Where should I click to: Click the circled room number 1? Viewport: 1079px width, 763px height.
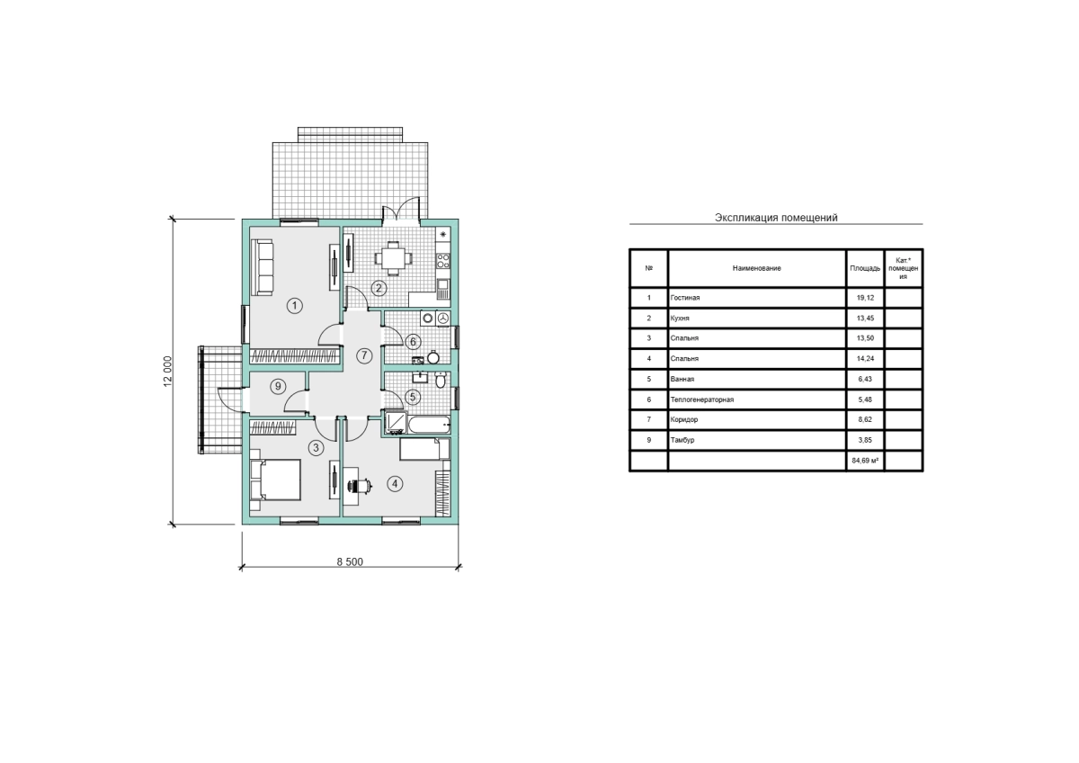pyautogui.click(x=294, y=306)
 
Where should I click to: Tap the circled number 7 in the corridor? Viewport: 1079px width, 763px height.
pyautogui.click(x=364, y=356)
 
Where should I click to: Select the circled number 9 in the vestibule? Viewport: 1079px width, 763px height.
pyautogui.click(x=278, y=387)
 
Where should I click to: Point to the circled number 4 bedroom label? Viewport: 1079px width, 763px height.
pyautogui.click(x=395, y=484)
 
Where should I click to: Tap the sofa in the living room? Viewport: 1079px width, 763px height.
pyautogui.click(x=263, y=267)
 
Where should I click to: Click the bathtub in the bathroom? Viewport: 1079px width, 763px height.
pyautogui.click(x=429, y=425)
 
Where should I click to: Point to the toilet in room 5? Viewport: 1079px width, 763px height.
pyautogui.click(x=441, y=381)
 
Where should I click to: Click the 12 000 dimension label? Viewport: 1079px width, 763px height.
pyautogui.click(x=167, y=371)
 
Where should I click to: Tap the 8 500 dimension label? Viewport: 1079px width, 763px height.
pyautogui.click(x=350, y=562)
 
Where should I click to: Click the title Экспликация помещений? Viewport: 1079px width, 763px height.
pyautogui.click(x=776, y=218)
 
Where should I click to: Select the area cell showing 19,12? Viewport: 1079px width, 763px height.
pyautogui.click(x=865, y=298)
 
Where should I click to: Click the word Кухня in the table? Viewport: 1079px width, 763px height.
pyautogui.click(x=680, y=319)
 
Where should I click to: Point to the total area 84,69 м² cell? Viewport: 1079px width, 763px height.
pyautogui.click(x=865, y=461)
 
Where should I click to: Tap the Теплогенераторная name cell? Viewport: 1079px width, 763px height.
pyautogui.click(x=757, y=399)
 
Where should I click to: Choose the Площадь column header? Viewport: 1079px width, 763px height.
pyautogui.click(x=865, y=268)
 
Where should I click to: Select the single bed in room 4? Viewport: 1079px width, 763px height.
pyautogui.click(x=424, y=449)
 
